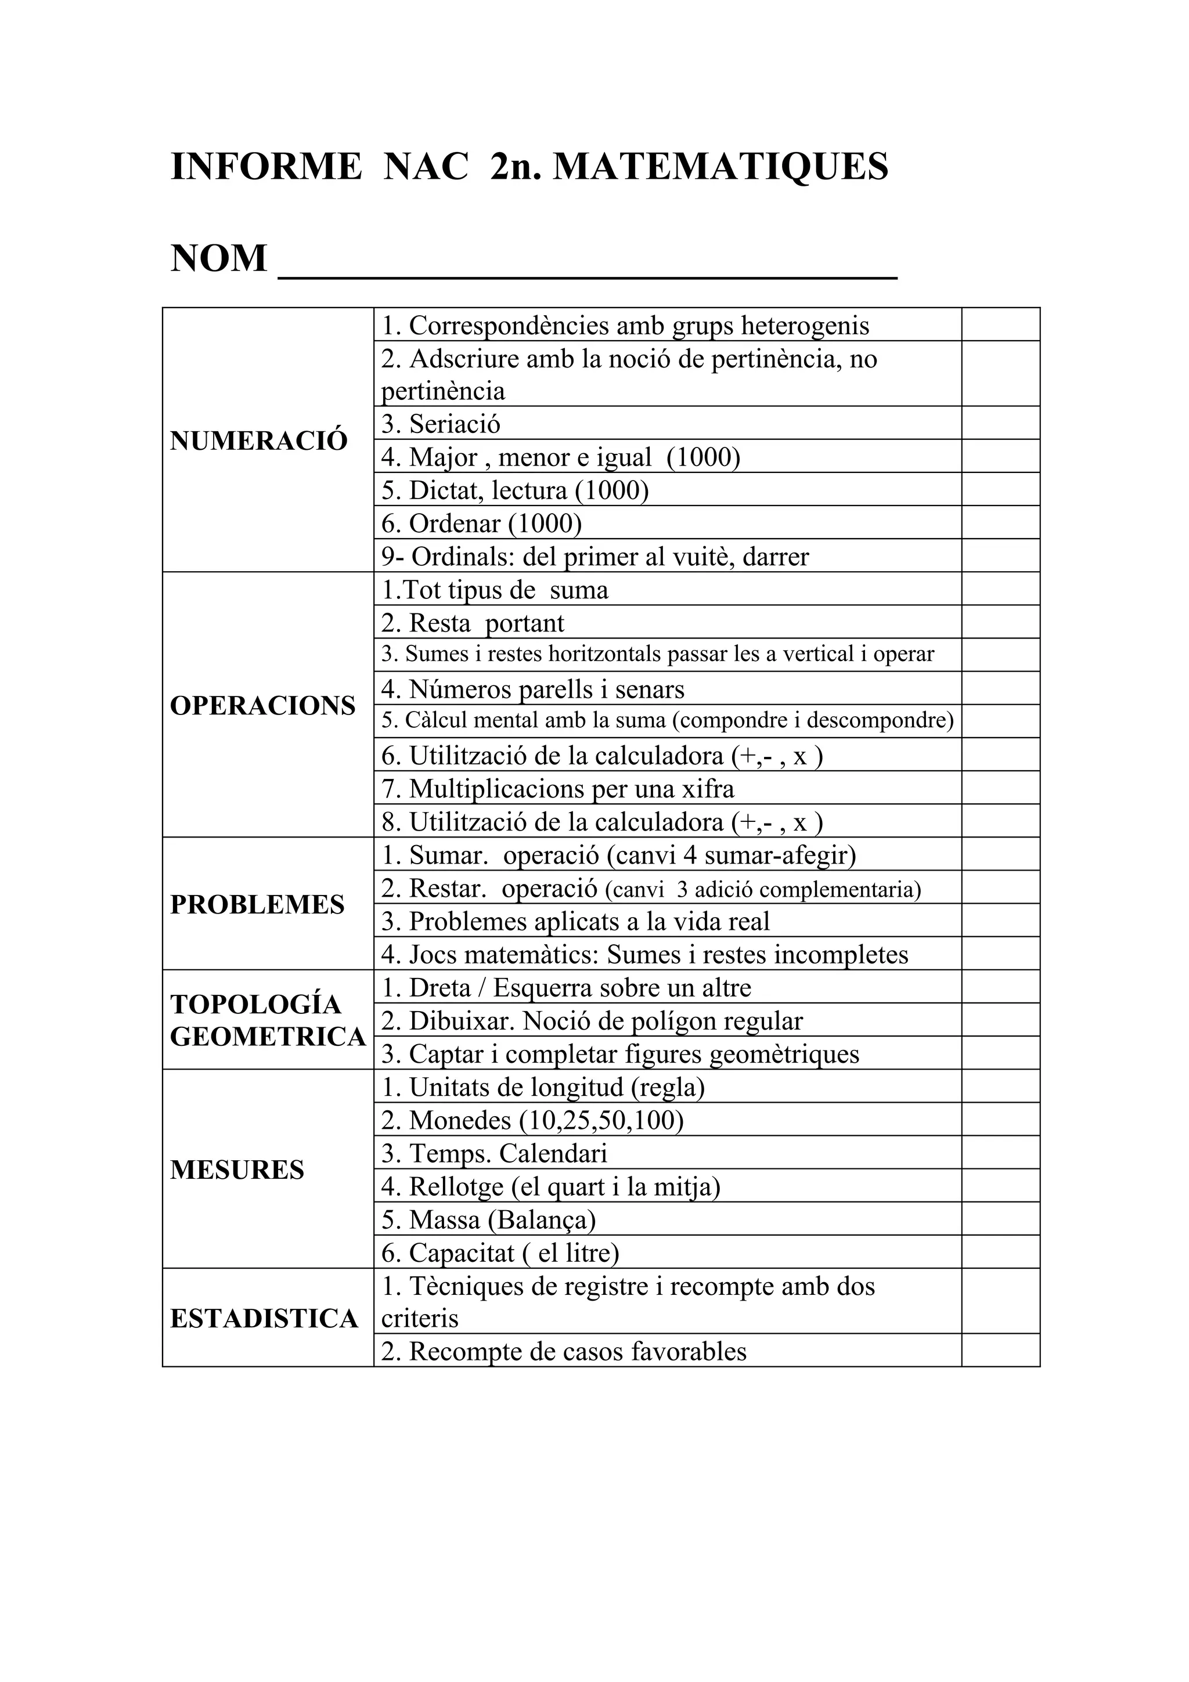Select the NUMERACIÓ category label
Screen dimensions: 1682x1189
point(258,441)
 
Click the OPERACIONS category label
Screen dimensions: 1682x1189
point(262,705)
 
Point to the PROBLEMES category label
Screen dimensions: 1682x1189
point(257,905)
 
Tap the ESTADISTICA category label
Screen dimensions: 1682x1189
point(264,1319)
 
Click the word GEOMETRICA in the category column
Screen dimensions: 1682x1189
point(268,1037)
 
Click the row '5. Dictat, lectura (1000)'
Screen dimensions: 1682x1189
point(515,490)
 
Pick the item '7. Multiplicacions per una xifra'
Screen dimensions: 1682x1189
point(557,789)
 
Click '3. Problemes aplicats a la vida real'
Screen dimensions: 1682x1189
point(575,922)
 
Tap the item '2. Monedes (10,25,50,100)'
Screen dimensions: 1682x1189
point(532,1120)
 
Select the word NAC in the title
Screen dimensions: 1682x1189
point(426,167)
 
